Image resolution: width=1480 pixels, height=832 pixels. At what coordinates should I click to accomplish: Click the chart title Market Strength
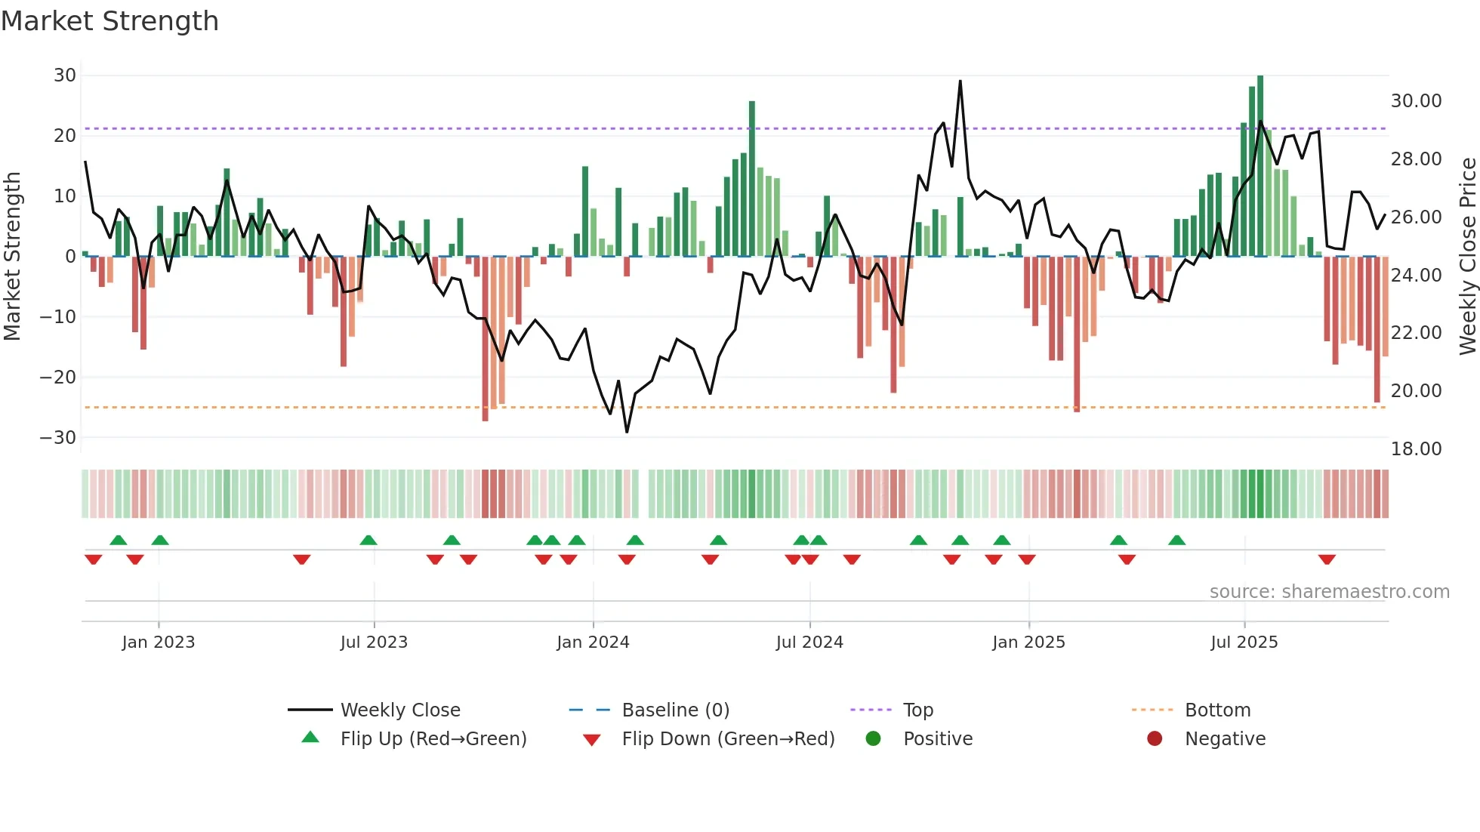pyautogui.click(x=109, y=21)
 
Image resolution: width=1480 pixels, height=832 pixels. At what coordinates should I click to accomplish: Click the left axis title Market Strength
pyautogui.click(x=12, y=256)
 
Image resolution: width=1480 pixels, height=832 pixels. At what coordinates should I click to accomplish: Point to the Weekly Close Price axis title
pyautogui.click(x=1467, y=256)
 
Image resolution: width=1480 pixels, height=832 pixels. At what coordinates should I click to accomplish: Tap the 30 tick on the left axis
pyautogui.click(x=65, y=75)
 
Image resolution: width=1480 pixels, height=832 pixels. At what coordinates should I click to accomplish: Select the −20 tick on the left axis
pyautogui.click(x=58, y=377)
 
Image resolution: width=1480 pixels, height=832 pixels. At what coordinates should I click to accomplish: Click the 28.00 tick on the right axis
pyautogui.click(x=1416, y=159)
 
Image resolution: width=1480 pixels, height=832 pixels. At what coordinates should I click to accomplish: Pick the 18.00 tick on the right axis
pyautogui.click(x=1416, y=449)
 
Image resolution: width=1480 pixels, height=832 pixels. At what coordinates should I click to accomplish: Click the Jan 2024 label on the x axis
pyautogui.click(x=593, y=642)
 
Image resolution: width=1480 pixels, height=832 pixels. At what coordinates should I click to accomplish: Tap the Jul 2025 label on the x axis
pyautogui.click(x=1244, y=642)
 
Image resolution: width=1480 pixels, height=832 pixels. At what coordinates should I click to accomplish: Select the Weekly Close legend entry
pyautogui.click(x=399, y=710)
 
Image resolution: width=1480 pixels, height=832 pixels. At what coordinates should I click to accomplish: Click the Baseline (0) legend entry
pyautogui.click(x=675, y=710)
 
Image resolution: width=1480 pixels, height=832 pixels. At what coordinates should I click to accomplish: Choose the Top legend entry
pyautogui.click(x=917, y=710)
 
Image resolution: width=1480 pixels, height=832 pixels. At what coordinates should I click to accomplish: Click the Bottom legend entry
pyautogui.click(x=1217, y=710)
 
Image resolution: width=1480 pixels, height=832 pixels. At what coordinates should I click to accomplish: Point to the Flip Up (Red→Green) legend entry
pyautogui.click(x=433, y=739)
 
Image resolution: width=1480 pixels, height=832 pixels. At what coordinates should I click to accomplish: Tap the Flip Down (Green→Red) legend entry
pyautogui.click(x=728, y=739)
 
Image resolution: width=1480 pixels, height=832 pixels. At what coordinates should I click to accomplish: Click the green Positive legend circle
pyautogui.click(x=874, y=739)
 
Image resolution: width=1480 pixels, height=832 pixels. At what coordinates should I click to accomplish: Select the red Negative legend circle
pyautogui.click(x=1155, y=739)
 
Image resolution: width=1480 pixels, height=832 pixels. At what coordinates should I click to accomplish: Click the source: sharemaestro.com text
pyautogui.click(x=1329, y=592)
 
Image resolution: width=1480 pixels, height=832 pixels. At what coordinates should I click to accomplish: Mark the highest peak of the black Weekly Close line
pyautogui.click(x=960, y=82)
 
